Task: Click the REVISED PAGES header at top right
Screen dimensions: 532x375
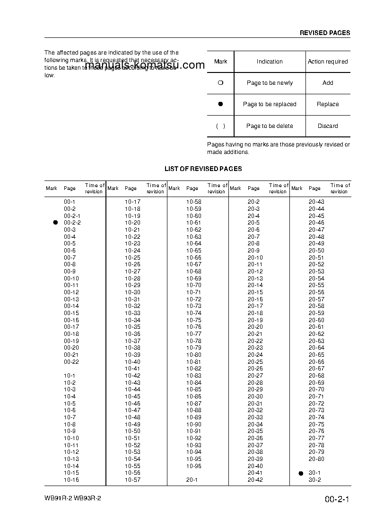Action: click(x=325, y=33)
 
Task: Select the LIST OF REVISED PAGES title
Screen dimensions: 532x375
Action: click(x=203, y=169)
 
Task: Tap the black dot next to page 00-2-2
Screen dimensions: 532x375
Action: click(x=55, y=223)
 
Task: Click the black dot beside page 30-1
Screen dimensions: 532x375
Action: click(x=301, y=473)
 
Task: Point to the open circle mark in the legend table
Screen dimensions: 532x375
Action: click(x=220, y=83)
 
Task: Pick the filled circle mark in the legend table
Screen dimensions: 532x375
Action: click(x=220, y=104)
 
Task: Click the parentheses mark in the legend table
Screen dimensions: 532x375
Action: click(x=220, y=126)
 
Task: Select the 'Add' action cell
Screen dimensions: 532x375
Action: click(x=328, y=83)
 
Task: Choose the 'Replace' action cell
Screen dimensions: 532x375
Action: click(x=328, y=104)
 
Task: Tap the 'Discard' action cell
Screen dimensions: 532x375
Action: click(x=328, y=126)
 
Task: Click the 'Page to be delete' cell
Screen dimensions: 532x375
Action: click(x=270, y=126)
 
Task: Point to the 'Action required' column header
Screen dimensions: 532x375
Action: click(x=328, y=62)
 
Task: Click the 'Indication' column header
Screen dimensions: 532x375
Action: click(x=270, y=62)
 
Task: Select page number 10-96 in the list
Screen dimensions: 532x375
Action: click(x=193, y=466)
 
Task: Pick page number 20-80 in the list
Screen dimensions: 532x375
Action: click(x=316, y=459)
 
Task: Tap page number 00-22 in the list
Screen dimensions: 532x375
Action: click(x=71, y=362)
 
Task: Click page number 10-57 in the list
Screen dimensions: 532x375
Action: click(x=132, y=480)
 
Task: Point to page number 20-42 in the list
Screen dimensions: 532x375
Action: click(x=255, y=480)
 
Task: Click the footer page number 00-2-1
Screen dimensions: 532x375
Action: click(x=337, y=500)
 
